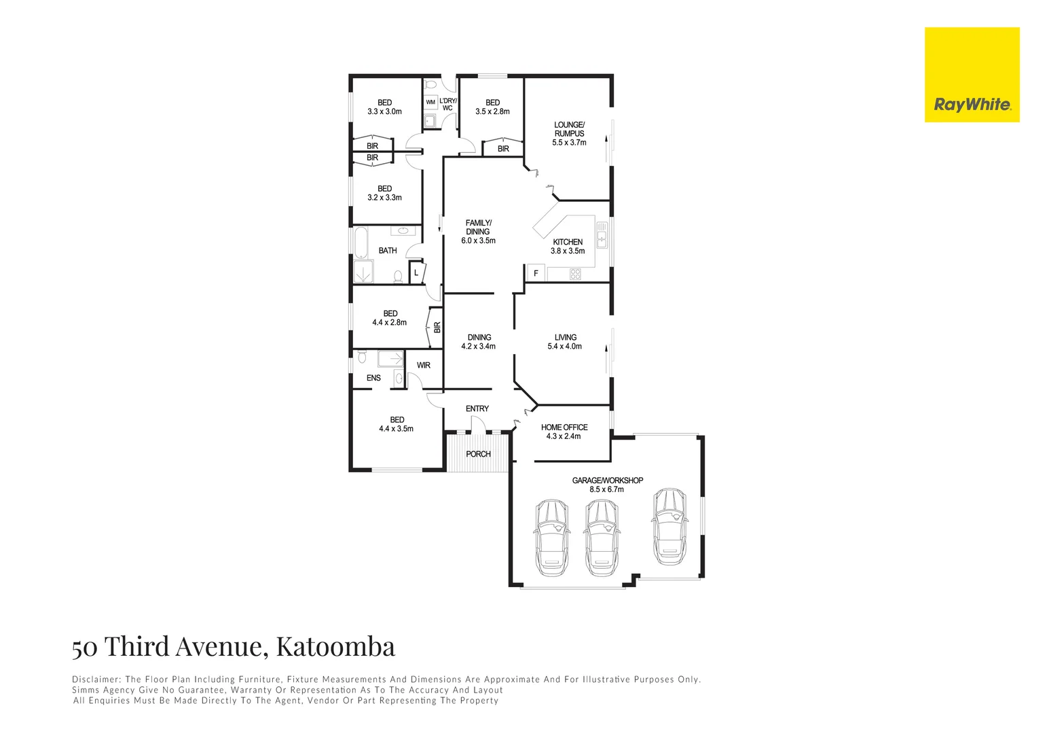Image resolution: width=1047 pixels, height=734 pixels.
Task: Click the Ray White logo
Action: [x=972, y=75]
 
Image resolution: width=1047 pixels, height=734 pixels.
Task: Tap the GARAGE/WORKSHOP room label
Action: [x=607, y=480]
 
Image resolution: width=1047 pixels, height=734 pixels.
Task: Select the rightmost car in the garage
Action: [x=669, y=526]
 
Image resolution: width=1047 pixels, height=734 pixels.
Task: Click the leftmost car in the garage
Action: [x=551, y=537]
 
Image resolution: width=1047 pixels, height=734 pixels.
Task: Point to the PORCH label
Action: [x=478, y=454]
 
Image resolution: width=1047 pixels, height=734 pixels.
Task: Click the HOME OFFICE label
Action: [x=564, y=427]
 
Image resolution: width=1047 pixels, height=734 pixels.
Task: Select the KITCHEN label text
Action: [x=568, y=242]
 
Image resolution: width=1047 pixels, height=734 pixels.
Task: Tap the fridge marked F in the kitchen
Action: [x=536, y=274]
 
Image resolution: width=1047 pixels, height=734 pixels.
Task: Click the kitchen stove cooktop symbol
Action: [x=575, y=275]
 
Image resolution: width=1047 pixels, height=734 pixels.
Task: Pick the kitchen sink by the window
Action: [x=602, y=235]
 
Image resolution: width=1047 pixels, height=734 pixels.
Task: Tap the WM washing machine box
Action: [x=430, y=103]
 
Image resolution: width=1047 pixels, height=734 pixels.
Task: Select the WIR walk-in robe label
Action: [x=424, y=366]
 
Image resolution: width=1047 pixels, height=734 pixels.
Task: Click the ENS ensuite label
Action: [x=373, y=378]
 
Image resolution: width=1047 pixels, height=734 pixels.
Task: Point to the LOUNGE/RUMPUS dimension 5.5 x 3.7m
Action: [x=569, y=143]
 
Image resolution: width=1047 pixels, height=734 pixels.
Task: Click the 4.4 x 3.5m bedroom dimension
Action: [x=396, y=429]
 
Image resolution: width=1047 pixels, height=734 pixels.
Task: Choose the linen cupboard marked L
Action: [x=416, y=273]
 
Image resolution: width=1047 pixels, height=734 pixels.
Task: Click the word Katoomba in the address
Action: [x=335, y=646]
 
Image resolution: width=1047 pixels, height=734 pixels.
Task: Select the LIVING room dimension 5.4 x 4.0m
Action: [x=564, y=347]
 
